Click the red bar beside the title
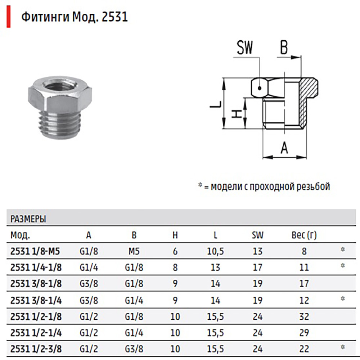pos(9,17)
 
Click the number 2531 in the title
pos(114,17)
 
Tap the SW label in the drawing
pos(245,48)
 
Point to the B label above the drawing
pos(284,48)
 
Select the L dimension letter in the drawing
pos(216,105)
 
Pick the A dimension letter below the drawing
pos(284,147)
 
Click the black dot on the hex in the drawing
pos(260,88)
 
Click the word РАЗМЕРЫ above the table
pos(28,219)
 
